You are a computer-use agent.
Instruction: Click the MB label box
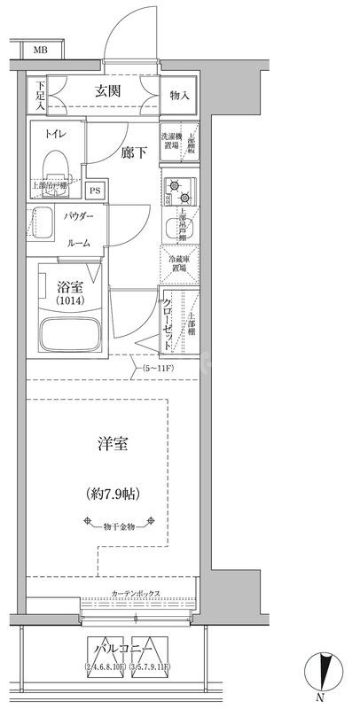(41, 51)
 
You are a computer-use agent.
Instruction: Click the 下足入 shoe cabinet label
(39, 96)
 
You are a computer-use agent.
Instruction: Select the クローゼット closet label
(168, 321)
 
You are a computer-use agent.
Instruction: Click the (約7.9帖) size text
(112, 493)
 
